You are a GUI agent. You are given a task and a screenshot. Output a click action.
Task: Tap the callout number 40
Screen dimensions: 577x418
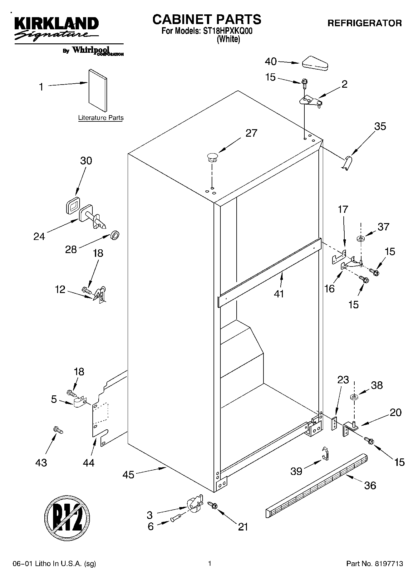(271, 61)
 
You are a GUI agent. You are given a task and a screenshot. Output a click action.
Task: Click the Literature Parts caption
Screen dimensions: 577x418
(101, 118)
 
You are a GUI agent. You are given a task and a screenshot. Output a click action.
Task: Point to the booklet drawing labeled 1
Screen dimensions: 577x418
(98, 90)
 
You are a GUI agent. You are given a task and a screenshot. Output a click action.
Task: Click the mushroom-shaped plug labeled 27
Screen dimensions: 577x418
(212, 157)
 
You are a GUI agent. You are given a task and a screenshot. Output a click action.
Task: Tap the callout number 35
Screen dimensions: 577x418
(380, 126)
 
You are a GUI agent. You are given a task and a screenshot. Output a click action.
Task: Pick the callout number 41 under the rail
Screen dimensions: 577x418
(279, 294)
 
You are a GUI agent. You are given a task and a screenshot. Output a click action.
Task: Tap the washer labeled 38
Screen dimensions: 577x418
(354, 397)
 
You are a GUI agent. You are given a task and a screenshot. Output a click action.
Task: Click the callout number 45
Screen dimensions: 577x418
(128, 475)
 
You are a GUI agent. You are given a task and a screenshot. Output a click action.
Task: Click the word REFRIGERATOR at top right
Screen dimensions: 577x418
(364, 23)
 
